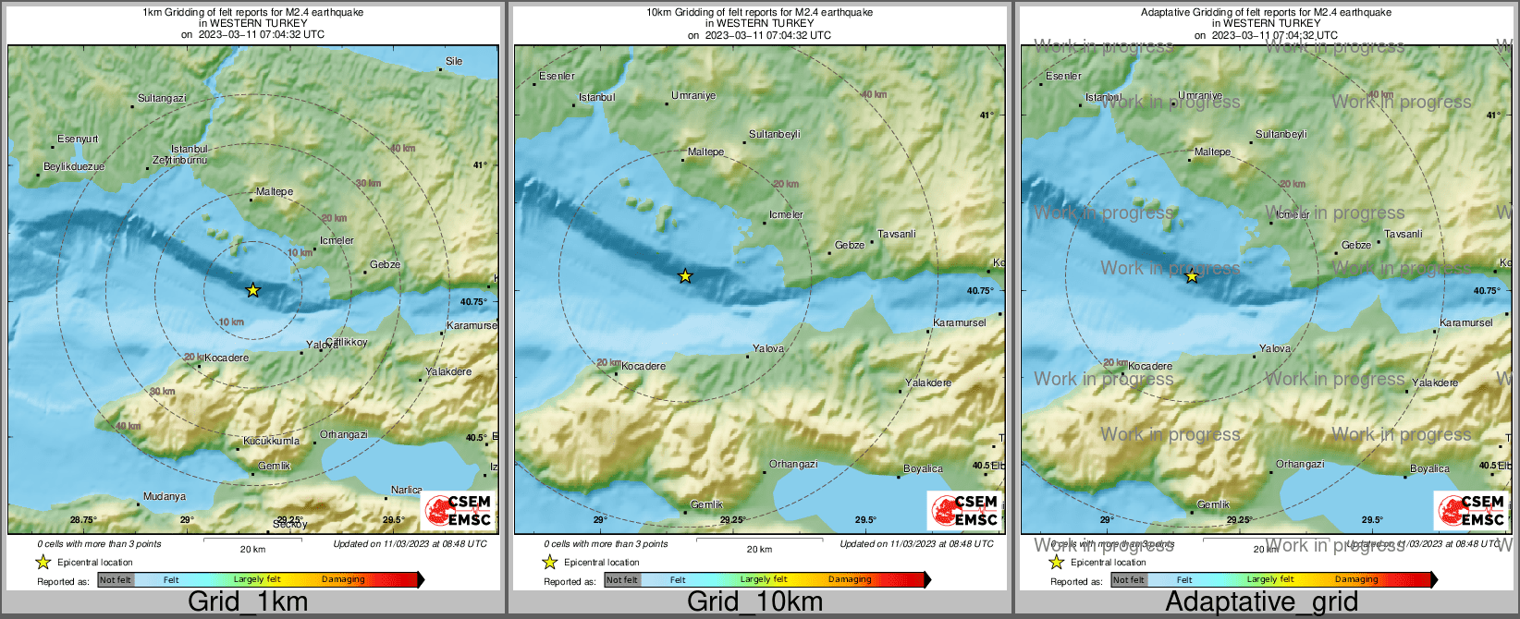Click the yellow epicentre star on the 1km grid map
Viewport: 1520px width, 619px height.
tap(253, 290)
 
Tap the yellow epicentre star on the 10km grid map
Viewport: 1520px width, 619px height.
tap(685, 275)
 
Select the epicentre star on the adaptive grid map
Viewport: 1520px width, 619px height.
tap(1192, 275)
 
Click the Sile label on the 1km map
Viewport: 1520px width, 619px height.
tap(454, 61)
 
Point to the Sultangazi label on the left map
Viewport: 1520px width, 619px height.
tap(162, 98)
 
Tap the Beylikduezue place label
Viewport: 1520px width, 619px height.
tap(74, 166)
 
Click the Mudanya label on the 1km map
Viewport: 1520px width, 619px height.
tap(165, 496)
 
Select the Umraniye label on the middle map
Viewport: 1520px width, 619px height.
tap(693, 95)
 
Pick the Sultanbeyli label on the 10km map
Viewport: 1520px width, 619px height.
tap(775, 134)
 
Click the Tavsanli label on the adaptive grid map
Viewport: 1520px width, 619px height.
tap(1404, 234)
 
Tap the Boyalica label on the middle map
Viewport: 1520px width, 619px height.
tap(923, 468)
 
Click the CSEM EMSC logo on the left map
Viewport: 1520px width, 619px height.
tap(459, 510)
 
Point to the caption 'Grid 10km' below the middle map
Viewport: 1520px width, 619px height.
tap(754, 601)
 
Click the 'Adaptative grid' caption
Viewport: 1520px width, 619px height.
tap(1261, 601)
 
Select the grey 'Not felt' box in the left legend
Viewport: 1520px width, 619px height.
tap(116, 580)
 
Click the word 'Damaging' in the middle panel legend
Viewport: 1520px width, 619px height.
tap(850, 579)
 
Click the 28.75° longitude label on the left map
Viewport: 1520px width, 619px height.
tap(83, 519)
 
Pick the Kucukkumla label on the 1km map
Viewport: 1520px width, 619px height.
tap(271, 441)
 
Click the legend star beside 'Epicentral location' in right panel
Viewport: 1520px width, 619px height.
tap(1057, 562)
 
